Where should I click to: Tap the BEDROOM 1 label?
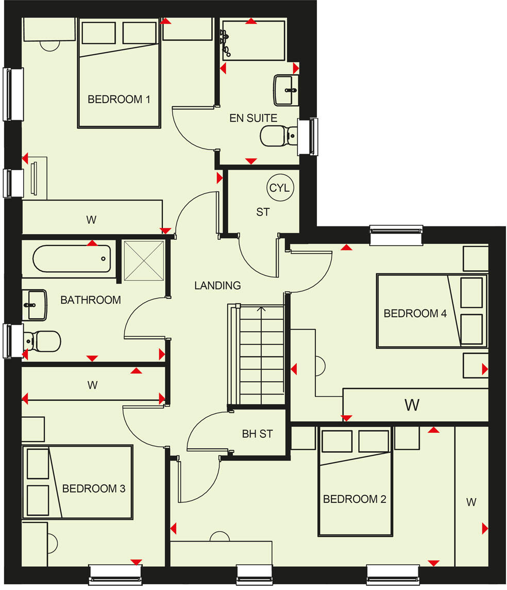(x=119, y=99)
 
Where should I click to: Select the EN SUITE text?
(x=253, y=118)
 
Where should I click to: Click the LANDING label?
(x=217, y=285)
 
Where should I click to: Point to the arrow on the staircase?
(x=261, y=309)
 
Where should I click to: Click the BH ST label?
(x=257, y=434)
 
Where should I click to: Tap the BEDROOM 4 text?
(x=415, y=313)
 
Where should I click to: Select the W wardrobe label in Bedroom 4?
(x=412, y=405)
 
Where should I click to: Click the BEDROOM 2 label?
(x=354, y=499)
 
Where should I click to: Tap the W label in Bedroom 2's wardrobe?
(x=471, y=502)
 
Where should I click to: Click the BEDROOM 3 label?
(x=94, y=488)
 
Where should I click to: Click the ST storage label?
(x=263, y=211)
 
